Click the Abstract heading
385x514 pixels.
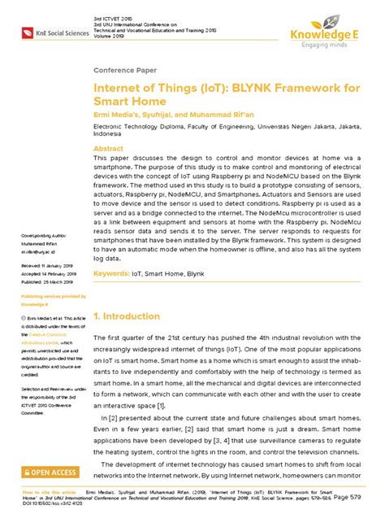coord(109,150)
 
